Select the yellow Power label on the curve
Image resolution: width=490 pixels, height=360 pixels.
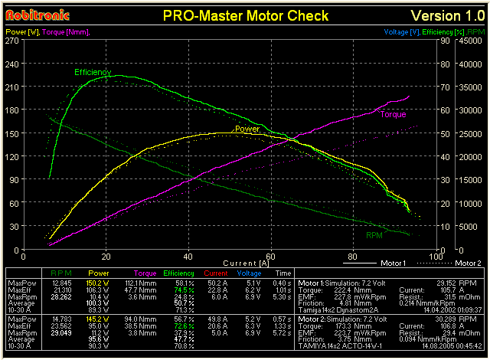(247, 129)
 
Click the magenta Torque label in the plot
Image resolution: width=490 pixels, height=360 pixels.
(393, 115)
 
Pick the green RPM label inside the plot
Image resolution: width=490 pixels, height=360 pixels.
(374, 235)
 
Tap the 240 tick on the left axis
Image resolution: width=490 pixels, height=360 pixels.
(12, 65)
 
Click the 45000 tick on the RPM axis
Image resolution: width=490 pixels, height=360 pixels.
(472, 42)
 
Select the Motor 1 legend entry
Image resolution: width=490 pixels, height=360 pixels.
(393, 263)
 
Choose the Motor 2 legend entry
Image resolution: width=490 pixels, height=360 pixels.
(468, 263)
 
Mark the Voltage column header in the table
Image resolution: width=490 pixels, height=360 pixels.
(249, 273)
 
